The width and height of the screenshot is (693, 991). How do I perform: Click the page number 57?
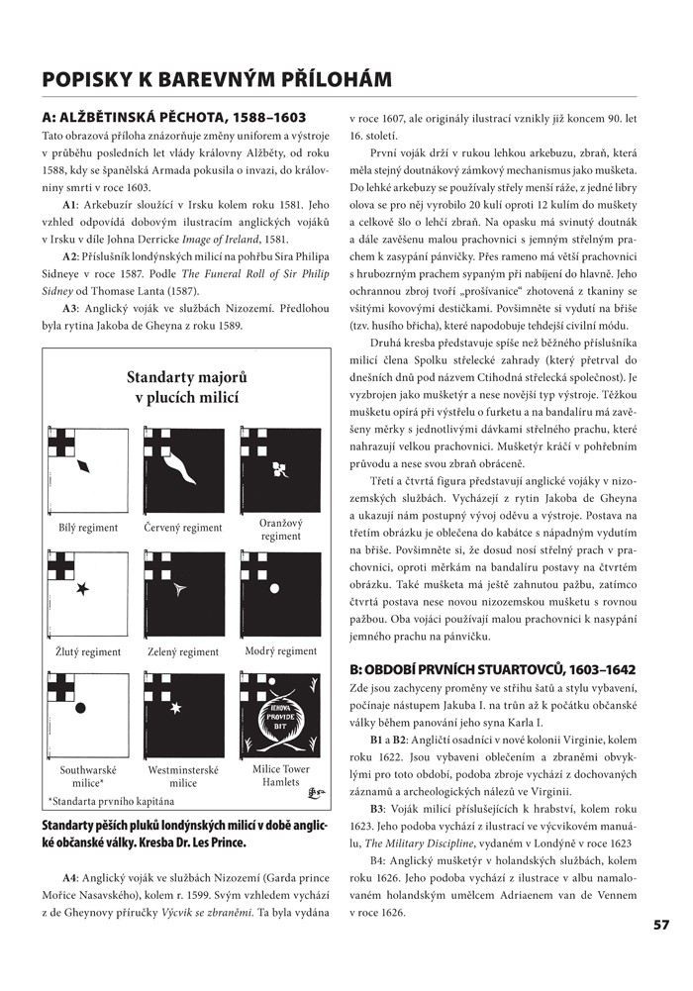(662, 925)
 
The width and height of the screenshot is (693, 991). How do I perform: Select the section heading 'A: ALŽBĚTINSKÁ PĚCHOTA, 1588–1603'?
(167, 117)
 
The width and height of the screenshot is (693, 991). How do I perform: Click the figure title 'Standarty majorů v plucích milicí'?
(186, 388)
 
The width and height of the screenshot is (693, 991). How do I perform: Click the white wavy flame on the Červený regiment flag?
(183, 463)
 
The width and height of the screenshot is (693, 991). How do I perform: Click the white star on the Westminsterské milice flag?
(175, 708)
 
